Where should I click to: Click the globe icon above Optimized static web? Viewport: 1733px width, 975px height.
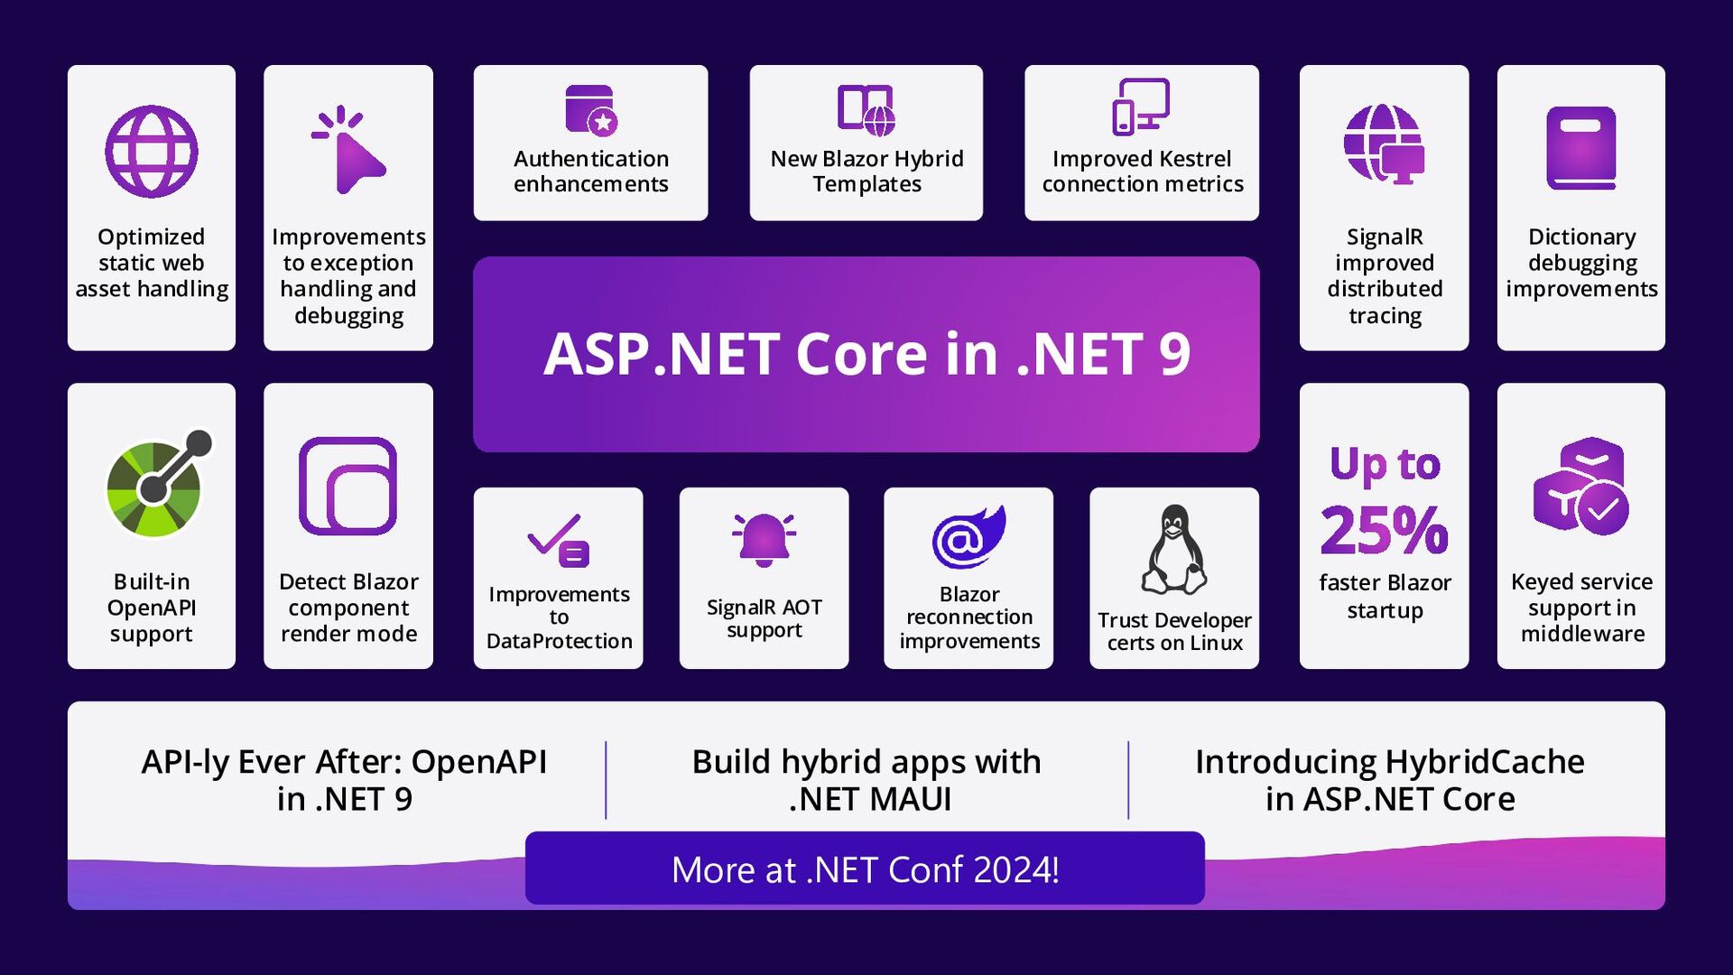[152, 152]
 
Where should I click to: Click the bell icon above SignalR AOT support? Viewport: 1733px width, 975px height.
[764, 540]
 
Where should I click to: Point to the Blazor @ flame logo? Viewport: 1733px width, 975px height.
[968, 537]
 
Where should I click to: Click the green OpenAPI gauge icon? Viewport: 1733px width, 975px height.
[155, 487]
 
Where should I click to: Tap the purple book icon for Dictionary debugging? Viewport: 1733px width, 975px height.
[1580, 148]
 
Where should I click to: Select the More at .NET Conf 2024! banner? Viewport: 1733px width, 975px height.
[865, 868]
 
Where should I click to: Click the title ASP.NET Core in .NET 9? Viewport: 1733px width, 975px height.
[866, 354]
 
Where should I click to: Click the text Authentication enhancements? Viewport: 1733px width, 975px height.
[591, 172]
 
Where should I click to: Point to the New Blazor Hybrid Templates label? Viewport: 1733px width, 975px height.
[866, 172]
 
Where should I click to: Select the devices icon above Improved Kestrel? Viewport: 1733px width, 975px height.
[1141, 107]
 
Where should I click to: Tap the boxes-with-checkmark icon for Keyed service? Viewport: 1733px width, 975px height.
[1580, 487]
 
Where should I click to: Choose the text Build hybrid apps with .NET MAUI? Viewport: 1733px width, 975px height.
[866, 780]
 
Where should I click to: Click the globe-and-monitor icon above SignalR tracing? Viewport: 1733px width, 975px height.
[1383, 144]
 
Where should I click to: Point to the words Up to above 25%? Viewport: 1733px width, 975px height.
[1385, 464]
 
